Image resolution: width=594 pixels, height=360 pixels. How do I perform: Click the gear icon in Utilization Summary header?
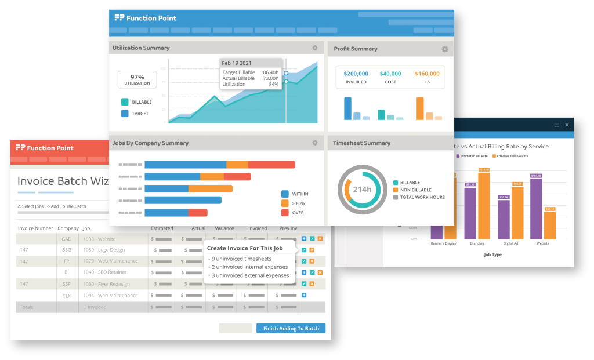315,48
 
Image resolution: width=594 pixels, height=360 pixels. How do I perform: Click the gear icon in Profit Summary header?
445,49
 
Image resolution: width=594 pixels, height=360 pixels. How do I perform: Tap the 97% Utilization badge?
137,79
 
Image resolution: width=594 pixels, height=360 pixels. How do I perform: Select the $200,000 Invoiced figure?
356,74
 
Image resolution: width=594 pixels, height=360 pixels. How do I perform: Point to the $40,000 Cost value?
390,74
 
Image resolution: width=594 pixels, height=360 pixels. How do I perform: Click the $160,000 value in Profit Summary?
427,74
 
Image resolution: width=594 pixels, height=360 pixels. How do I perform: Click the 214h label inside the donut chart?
362,190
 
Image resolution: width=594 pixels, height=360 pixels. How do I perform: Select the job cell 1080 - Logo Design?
104,250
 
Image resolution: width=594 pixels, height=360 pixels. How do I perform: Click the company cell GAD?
66,239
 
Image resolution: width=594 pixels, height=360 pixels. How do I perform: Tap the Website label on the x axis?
544,243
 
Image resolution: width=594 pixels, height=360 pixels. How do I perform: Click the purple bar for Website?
536,209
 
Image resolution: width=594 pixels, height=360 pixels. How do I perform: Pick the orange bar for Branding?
484,205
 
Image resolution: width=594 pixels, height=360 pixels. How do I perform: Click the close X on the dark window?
567,125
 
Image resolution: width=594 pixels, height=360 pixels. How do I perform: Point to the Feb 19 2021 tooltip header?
237,63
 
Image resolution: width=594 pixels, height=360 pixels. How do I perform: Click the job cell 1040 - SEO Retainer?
104,272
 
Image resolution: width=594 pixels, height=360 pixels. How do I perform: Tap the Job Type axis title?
493,254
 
